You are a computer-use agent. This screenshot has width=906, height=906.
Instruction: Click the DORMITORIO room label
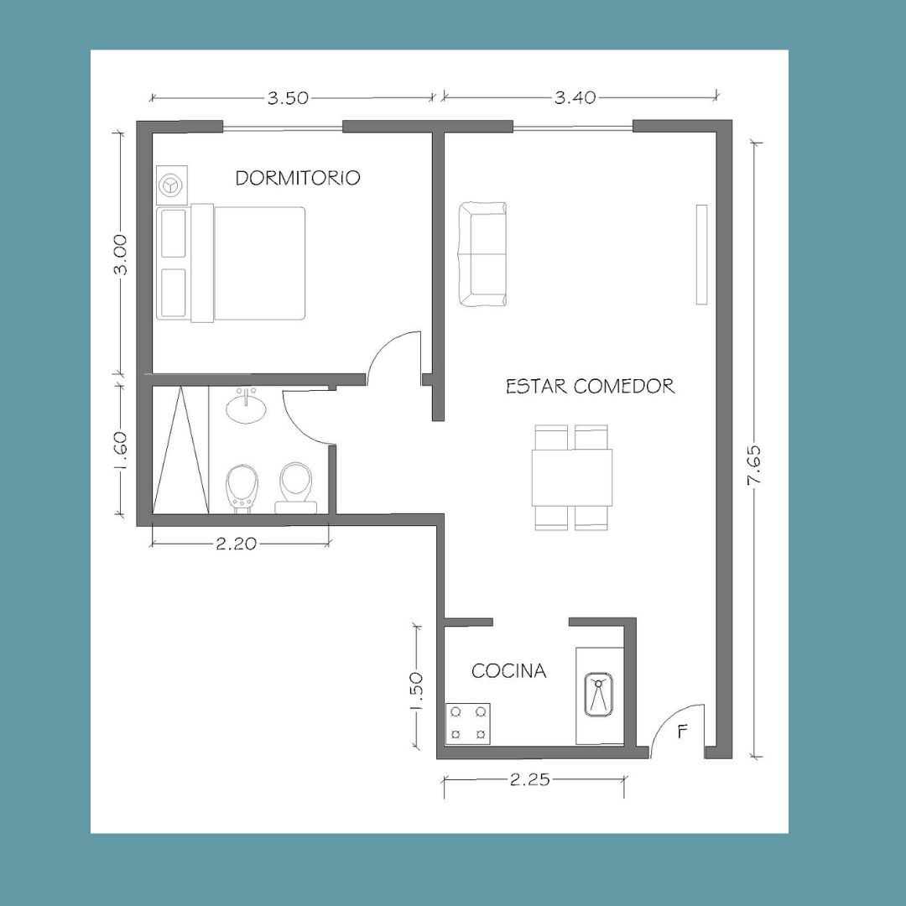point(298,177)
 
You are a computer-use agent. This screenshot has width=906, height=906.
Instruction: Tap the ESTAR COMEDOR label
point(590,386)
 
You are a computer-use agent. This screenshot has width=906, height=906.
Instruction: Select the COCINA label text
point(508,671)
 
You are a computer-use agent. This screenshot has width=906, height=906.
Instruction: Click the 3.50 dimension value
point(288,97)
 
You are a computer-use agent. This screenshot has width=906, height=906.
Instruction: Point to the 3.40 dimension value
point(575,97)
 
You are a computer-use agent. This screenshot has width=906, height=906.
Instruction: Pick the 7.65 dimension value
point(754,465)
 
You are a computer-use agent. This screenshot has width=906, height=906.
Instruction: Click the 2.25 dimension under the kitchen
point(530,780)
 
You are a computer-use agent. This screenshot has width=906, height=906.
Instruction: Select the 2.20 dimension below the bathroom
point(236,544)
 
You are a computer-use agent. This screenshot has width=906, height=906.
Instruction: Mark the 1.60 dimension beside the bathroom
point(120,452)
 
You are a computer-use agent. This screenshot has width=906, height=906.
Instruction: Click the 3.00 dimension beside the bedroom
point(120,255)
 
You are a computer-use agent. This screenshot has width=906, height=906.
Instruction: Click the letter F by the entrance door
point(682,732)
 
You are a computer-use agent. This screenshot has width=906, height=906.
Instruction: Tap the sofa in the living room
point(482,253)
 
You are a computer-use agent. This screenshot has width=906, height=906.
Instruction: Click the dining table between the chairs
point(572,478)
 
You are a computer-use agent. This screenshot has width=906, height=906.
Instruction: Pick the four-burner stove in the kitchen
point(468,723)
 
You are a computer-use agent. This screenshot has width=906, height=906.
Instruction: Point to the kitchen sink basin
point(598,695)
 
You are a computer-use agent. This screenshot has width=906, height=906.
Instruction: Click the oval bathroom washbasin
point(246,408)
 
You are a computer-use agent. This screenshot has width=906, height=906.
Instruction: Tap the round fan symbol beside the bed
point(172,185)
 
